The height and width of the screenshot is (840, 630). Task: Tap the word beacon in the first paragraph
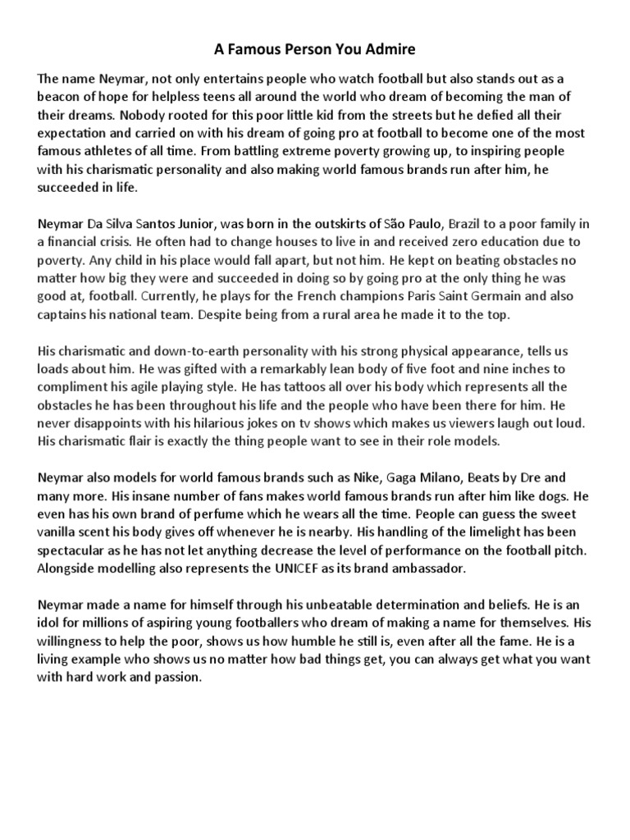point(59,98)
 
